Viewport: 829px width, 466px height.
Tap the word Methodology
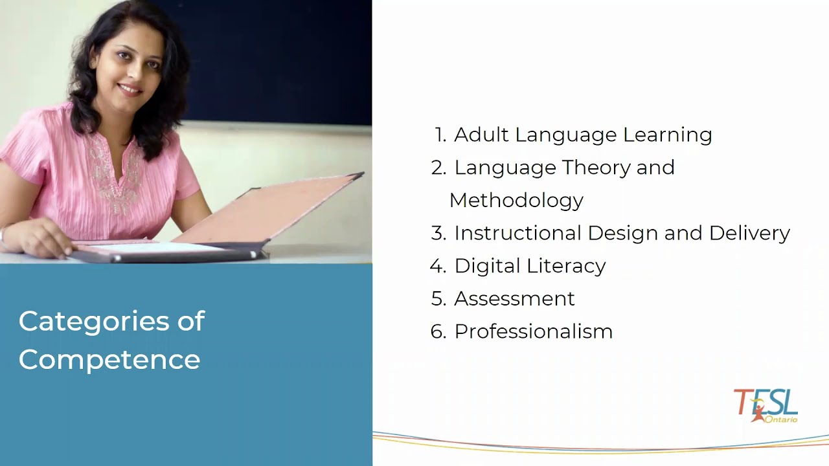pyautogui.click(x=516, y=201)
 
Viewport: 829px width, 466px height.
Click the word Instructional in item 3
pyautogui.click(x=518, y=233)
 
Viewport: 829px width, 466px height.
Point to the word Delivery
pyautogui.click(x=749, y=233)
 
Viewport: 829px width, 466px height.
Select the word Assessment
pyautogui.click(x=514, y=298)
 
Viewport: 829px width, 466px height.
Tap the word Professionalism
pyautogui.click(x=533, y=331)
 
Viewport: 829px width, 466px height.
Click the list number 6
pyautogui.click(x=438, y=331)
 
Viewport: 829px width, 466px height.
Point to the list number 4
pyautogui.click(x=438, y=266)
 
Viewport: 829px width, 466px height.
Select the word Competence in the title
pyautogui.click(x=109, y=360)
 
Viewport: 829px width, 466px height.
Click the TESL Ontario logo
pyautogui.click(x=766, y=406)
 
